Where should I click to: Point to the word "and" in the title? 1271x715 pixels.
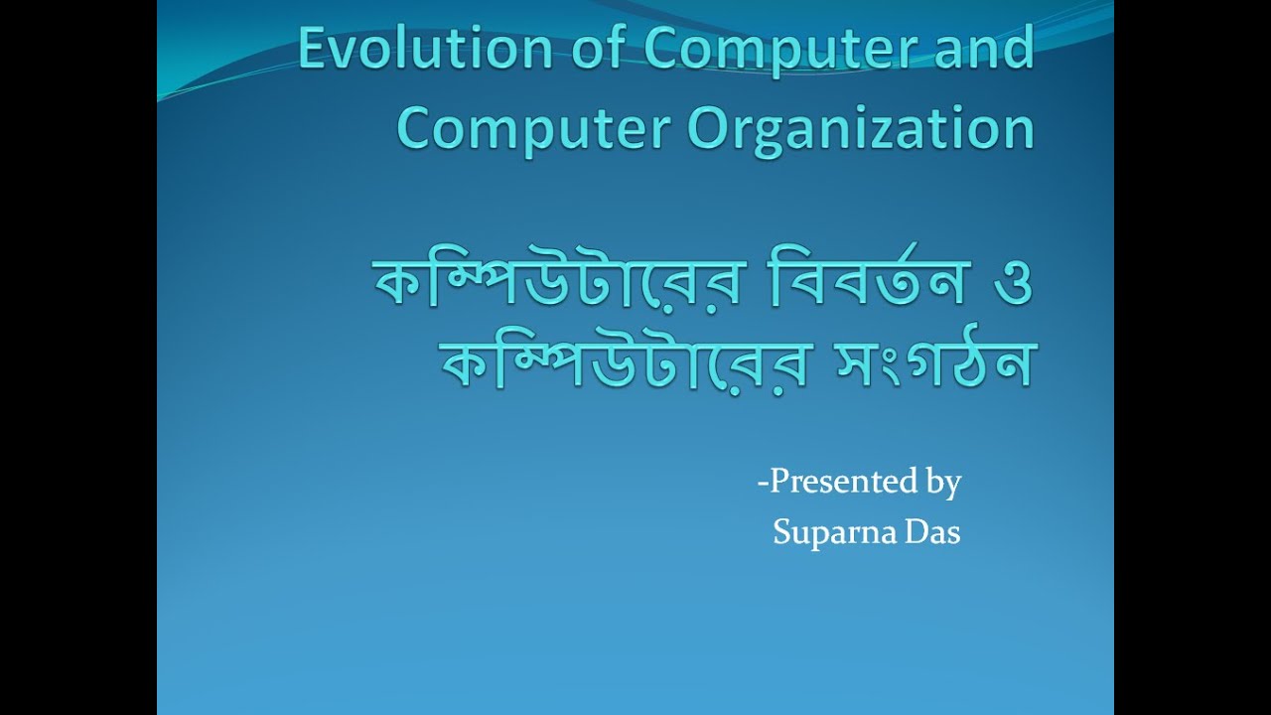[x=982, y=50]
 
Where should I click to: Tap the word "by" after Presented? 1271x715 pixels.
[x=943, y=484]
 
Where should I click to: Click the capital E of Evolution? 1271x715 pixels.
[x=312, y=50]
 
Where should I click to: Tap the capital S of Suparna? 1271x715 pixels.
[x=781, y=532]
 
